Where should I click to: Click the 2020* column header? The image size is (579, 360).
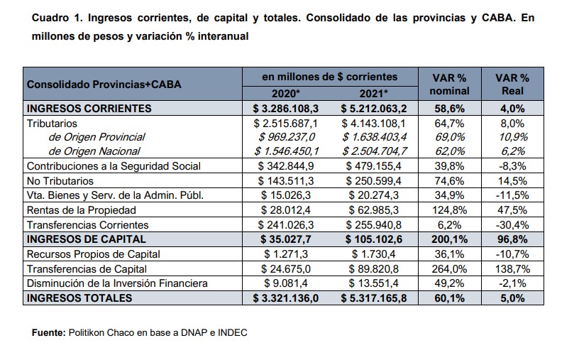[285, 94]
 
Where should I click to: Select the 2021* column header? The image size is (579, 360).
[373, 94]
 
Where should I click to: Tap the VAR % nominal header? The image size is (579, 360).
[449, 84]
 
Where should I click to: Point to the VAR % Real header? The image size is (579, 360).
[512, 84]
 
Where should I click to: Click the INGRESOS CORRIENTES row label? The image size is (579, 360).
[89, 109]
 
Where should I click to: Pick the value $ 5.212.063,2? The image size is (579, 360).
[374, 109]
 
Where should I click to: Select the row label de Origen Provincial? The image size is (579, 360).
[96, 137]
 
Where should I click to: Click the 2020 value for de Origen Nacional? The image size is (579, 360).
[286, 151]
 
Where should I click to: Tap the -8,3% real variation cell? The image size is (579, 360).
[512, 166]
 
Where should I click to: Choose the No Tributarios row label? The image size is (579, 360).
[60, 181]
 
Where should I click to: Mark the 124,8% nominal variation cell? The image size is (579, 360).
[449, 210]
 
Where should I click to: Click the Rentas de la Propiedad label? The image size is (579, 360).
[81, 210]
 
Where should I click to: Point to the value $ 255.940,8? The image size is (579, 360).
[374, 224]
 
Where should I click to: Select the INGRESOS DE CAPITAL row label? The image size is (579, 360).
[87, 239]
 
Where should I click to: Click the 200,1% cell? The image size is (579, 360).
[449, 239]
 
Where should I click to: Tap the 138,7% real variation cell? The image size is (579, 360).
[512, 268]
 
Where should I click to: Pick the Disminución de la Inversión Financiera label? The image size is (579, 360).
[117, 283]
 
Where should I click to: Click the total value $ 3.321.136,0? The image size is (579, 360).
[285, 298]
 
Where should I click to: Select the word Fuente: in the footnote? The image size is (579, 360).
[48, 332]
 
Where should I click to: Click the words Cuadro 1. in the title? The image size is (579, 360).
[57, 18]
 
